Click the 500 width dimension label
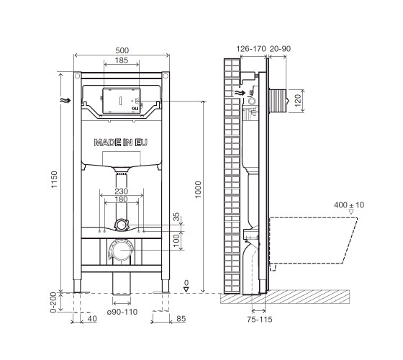pyautogui.click(x=122, y=50)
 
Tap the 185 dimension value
pyautogui.click(x=122, y=60)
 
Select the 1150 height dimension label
pyautogui.click(x=54, y=179)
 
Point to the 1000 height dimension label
pyautogui.click(x=198, y=190)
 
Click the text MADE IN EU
pyautogui.click(x=121, y=143)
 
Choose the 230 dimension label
pyautogui.click(x=122, y=191)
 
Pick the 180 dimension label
pyautogui.click(x=121, y=199)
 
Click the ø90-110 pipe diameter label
pyautogui.click(x=122, y=312)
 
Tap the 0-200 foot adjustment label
pyautogui.click(x=53, y=302)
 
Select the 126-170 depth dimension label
pyautogui.click(x=251, y=49)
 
